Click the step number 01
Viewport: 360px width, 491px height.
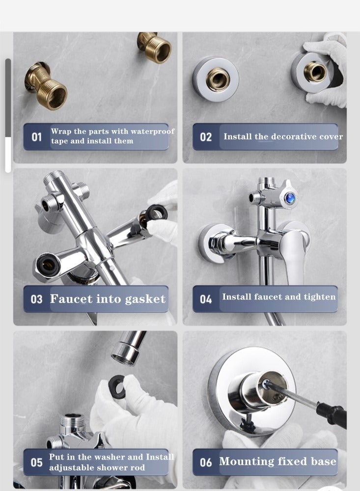pyautogui.click(x=37, y=137)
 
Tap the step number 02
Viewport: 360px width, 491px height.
pyautogui.click(x=206, y=137)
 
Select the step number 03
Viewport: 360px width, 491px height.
pyautogui.click(x=37, y=299)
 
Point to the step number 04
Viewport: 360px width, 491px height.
pyautogui.click(x=206, y=299)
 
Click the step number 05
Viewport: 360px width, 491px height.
pyautogui.click(x=37, y=462)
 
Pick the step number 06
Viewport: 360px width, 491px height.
pyautogui.click(x=206, y=462)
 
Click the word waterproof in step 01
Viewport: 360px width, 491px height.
pyautogui.click(x=152, y=132)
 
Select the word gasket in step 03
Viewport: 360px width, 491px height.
pyautogui.click(x=145, y=300)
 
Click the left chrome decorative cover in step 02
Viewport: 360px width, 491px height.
pyautogui.click(x=216, y=79)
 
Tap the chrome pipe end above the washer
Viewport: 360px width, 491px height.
pyautogui.click(x=128, y=348)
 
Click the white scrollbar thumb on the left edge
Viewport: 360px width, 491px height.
pyautogui.click(x=8, y=155)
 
